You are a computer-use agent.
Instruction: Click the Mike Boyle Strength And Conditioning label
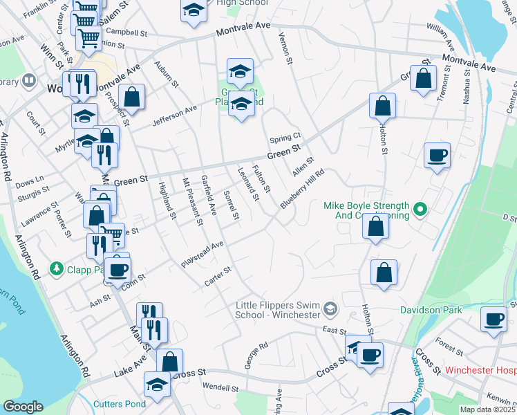point(366,210)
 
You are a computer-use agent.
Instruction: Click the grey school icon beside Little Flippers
point(330,308)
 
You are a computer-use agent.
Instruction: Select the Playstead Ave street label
point(203,255)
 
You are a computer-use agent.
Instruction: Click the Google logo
point(23,407)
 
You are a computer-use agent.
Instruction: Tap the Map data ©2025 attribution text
point(488,409)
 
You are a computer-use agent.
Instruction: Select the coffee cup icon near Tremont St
point(436,156)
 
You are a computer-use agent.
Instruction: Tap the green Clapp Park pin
point(55,267)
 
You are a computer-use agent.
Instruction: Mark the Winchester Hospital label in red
point(480,370)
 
